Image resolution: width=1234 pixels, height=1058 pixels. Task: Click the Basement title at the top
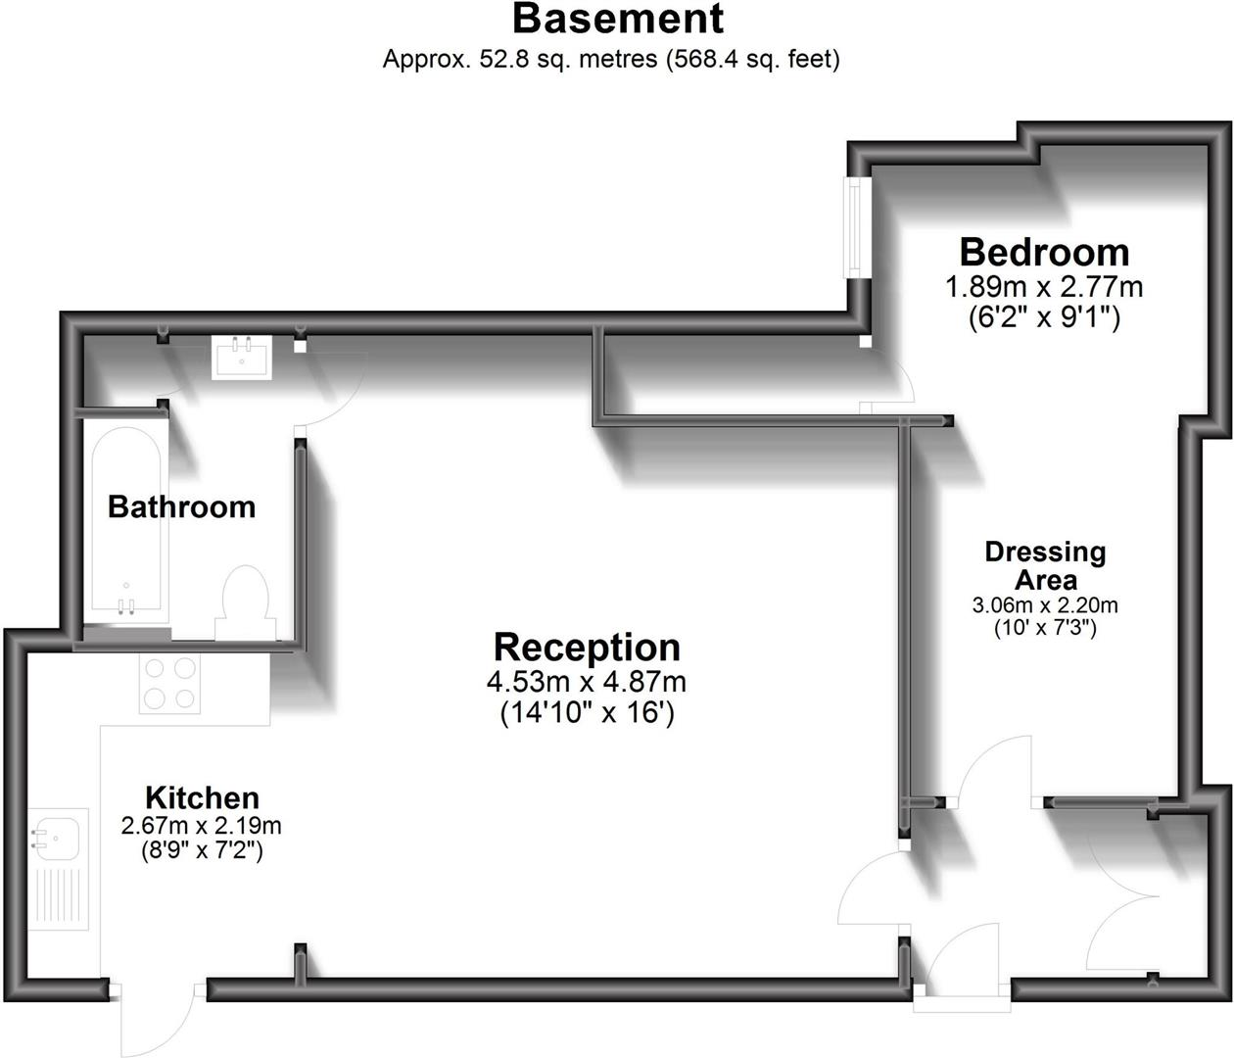617,20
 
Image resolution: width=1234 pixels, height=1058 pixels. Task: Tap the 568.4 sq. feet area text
752,59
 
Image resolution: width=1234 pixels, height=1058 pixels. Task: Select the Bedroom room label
1044,253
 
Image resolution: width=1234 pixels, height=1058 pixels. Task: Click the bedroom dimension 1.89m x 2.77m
1044,288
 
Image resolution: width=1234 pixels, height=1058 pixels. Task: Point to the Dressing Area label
1045,565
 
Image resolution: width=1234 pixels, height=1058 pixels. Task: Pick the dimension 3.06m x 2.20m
1045,605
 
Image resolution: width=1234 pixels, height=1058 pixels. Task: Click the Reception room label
587,648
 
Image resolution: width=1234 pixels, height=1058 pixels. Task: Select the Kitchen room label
202,797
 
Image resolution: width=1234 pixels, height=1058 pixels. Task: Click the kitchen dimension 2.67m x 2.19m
202,826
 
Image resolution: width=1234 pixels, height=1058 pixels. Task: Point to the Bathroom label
181,506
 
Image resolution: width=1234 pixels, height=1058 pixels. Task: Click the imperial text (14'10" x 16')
587,713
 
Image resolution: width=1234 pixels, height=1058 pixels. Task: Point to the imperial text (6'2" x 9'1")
1044,317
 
